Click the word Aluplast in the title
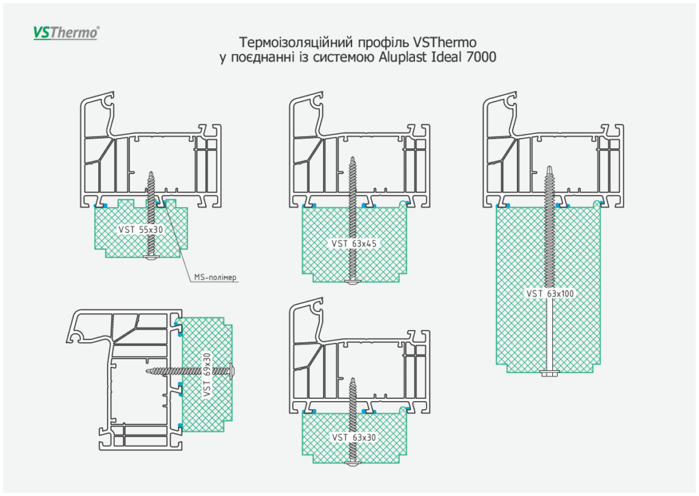click(404, 57)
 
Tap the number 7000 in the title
click(481, 57)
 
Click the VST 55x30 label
click(141, 230)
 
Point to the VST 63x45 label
click(354, 243)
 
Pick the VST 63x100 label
click(550, 294)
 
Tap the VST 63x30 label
click(354, 437)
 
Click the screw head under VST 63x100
click(550, 372)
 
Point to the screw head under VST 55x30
click(150, 258)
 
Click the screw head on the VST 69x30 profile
click(236, 370)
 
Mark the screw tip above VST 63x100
click(550, 168)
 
